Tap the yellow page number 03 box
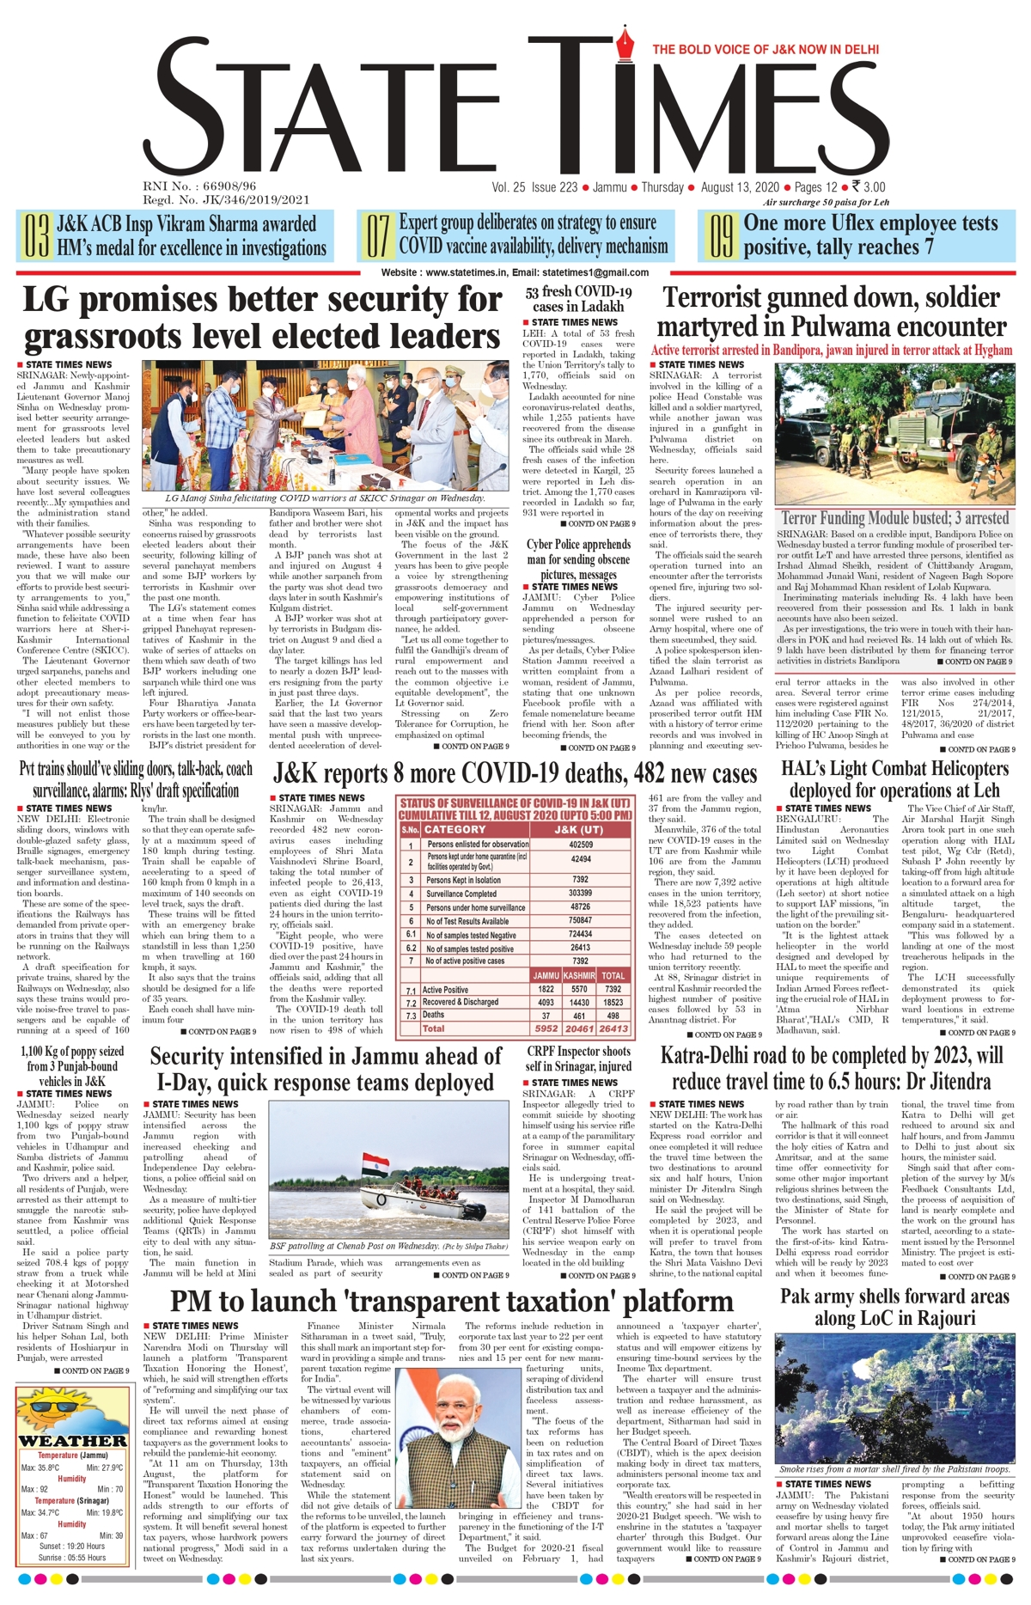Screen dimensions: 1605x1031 pos(36,236)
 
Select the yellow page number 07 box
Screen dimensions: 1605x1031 pos(378,236)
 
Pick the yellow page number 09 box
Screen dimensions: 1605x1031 pos(721,236)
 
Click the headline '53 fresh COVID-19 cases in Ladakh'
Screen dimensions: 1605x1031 pos(578,298)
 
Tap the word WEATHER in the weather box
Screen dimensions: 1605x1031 pos(72,1441)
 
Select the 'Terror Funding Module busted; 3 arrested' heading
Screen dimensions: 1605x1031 pos(894,518)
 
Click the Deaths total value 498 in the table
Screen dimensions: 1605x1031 pos(613,1015)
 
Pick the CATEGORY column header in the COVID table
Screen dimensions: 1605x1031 pos(454,829)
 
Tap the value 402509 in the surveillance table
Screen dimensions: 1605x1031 pos(580,845)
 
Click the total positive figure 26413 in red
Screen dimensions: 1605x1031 pos(613,1028)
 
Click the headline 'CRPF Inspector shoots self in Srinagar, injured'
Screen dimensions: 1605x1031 pos(578,1059)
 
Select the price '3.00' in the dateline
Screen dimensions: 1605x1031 pos(874,187)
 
